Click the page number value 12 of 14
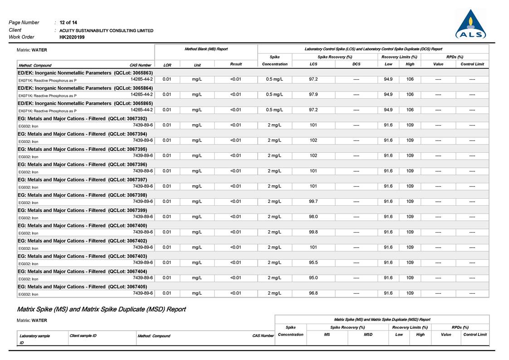pyautogui.click(x=68, y=22)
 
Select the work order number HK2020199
pyautogui.click(x=72, y=37)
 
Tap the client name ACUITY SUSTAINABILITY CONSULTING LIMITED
pyautogui.click(x=106, y=30)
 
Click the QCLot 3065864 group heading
pyautogui.click(x=85, y=88)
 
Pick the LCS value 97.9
pyautogui.click(x=313, y=94)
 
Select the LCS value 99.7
pyautogui.click(x=313, y=201)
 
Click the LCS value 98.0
pyautogui.click(x=313, y=217)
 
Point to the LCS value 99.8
pyautogui.click(x=313, y=232)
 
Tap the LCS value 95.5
pyautogui.click(x=313, y=263)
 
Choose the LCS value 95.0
pyautogui.click(x=313, y=278)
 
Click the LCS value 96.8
pyautogui.click(x=313, y=293)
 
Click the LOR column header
pyautogui.click(x=167, y=65)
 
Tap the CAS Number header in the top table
pyautogui.click(x=140, y=65)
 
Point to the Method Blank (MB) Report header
pyautogui.click(x=206, y=49)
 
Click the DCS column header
pyautogui.click(x=357, y=64)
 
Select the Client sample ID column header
pyautogui.click(x=83, y=336)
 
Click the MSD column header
pyautogui.click(x=368, y=335)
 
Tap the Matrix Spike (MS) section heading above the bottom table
pyautogui.click(x=101, y=309)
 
